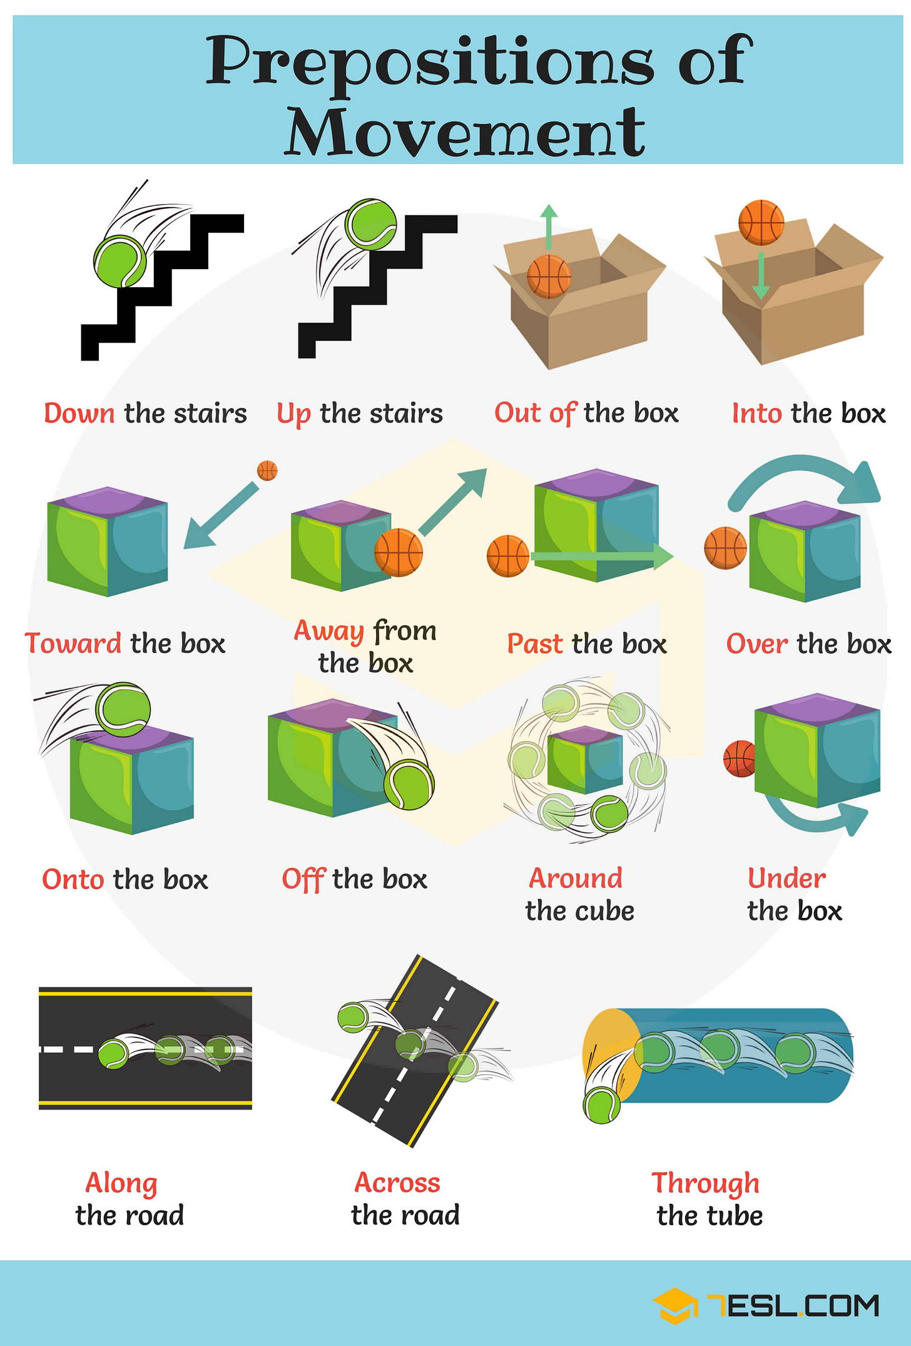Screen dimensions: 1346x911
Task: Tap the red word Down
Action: tap(79, 414)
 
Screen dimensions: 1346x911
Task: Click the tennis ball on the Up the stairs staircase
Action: tap(372, 224)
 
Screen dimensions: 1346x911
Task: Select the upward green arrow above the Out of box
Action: tap(549, 228)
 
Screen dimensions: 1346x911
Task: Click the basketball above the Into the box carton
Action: tap(761, 222)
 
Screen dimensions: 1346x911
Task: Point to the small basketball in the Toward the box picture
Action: tap(267, 471)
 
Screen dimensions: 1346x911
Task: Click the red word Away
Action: tap(329, 631)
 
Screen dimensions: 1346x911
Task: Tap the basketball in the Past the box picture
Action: tap(508, 556)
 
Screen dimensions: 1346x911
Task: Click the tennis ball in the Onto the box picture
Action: tap(124, 710)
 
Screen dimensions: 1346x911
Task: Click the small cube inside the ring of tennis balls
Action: tap(585, 759)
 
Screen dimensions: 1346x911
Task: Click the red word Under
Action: tap(786, 879)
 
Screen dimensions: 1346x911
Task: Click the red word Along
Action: tap(121, 1183)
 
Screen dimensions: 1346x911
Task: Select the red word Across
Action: tap(397, 1183)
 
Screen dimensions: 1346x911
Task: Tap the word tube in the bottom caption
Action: tap(735, 1216)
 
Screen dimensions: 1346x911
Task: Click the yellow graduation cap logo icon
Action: tap(675, 1305)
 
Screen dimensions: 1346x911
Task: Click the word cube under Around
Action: tap(606, 911)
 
